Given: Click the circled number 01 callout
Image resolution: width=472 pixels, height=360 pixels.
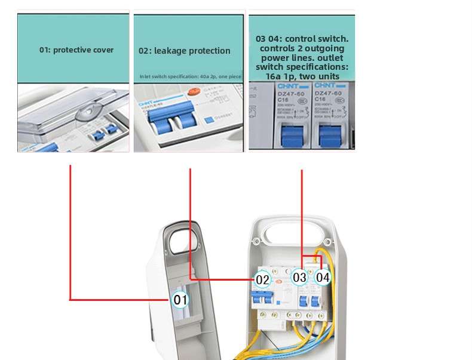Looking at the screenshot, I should coord(180,299).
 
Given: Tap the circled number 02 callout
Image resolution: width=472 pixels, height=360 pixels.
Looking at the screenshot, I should coord(263,279).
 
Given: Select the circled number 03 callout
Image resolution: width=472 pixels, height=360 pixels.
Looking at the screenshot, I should coord(300,277).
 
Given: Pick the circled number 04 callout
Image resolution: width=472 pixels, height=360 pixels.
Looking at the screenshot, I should coord(323,277).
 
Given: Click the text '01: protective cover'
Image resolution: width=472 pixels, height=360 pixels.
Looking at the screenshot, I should coord(76,50).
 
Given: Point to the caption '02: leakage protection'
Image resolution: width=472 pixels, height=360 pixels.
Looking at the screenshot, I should coord(184,51).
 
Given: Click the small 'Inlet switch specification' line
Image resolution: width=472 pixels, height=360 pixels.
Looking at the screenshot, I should coord(190,76).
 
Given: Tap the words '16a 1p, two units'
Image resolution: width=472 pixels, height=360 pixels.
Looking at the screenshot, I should coord(302,76).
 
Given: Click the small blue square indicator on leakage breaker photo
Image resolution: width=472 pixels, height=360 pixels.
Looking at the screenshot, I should coord(210,120).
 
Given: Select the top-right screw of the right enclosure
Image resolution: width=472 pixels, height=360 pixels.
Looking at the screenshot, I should coord(332,241).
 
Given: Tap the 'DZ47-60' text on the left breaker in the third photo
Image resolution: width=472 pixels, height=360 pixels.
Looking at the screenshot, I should coord(289,93).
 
